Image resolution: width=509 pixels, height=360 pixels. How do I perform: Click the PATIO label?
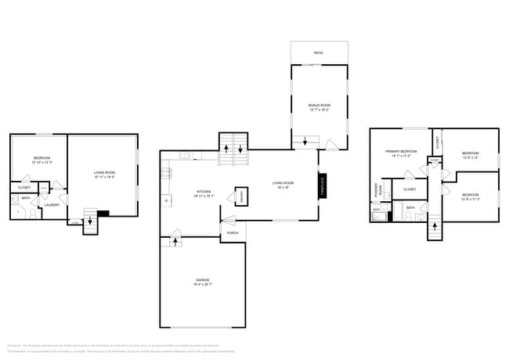319,53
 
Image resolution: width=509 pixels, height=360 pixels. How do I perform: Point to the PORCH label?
233,233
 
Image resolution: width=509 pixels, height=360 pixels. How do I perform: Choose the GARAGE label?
203,279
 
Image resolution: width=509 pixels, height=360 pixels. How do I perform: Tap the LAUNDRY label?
52,205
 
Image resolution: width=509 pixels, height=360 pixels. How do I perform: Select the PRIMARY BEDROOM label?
399,151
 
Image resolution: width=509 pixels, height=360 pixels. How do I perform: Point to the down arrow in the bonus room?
304,142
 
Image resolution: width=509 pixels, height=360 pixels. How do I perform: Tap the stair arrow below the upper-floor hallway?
433,229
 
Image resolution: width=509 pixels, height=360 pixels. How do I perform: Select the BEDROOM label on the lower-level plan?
42,159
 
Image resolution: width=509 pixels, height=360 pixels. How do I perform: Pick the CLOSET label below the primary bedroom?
410,189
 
